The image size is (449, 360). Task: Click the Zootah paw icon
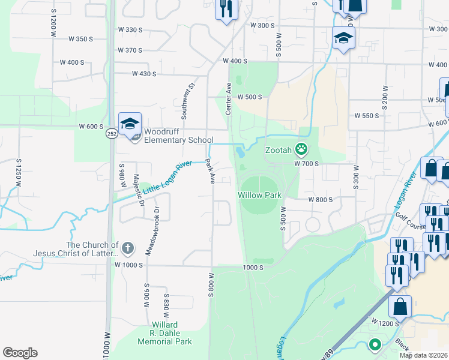pos(301,149)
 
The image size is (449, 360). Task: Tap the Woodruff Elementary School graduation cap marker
pos(130,124)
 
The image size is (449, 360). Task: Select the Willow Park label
pos(259,196)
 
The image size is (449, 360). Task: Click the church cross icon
pos(127,248)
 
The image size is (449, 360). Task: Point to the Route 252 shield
pos(112,133)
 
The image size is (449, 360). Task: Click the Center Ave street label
pos(228,99)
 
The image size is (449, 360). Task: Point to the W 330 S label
pos(130,29)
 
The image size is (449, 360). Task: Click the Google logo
pos(20,353)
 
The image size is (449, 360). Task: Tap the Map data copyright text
pos(424,355)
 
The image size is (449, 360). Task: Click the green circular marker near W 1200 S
pos(375,345)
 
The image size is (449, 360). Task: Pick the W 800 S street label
pos(320,200)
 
